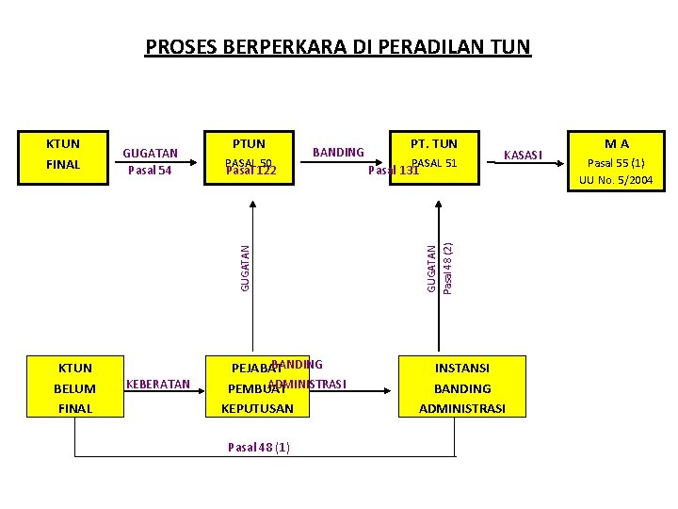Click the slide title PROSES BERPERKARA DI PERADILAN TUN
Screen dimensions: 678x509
[x=338, y=46]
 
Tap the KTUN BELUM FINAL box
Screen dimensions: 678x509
[x=75, y=387]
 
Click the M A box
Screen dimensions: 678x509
[x=616, y=161]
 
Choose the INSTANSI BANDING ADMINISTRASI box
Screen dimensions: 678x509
[x=461, y=387]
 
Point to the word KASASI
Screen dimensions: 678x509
[x=524, y=155]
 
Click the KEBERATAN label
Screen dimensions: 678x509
[x=158, y=385]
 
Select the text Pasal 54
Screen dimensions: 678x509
[x=150, y=171]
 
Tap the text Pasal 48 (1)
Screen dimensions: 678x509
[x=259, y=447]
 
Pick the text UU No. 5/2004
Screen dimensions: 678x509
[x=616, y=179]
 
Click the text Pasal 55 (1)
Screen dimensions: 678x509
[x=616, y=162]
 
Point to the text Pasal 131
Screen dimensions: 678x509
[x=393, y=171]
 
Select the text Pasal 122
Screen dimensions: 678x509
[x=250, y=171]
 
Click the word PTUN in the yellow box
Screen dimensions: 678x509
[x=249, y=144]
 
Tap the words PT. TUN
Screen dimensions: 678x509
[x=434, y=144]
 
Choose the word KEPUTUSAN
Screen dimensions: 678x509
[x=257, y=408]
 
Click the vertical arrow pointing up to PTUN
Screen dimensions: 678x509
[x=251, y=273]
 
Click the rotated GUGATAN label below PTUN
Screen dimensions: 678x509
[x=244, y=268]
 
